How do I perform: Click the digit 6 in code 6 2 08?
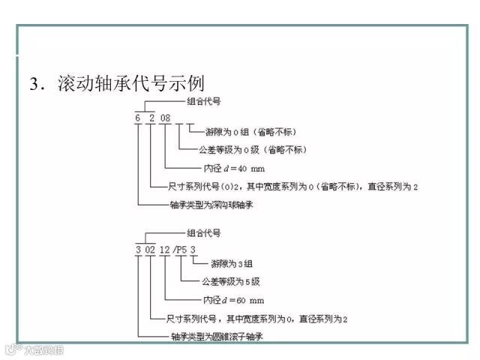[x=138, y=118]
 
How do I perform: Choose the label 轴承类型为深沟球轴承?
[x=211, y=204]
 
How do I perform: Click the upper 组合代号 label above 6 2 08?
[x=202, y=100]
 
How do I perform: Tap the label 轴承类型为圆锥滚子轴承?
[x=217, y=337]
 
